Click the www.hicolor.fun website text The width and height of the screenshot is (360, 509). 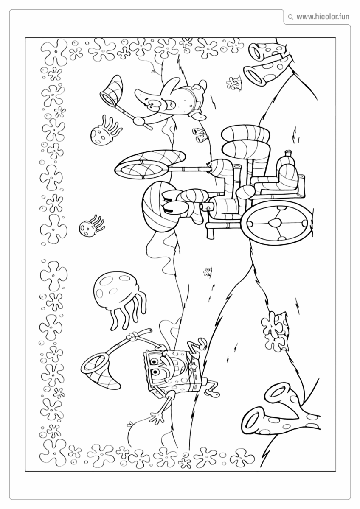tap(323, 17)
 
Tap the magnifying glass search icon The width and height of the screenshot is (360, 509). tap(290, 17)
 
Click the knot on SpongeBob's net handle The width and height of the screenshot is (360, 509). tap(132, 336)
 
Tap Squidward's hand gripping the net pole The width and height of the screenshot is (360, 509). tap(211, 167)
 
